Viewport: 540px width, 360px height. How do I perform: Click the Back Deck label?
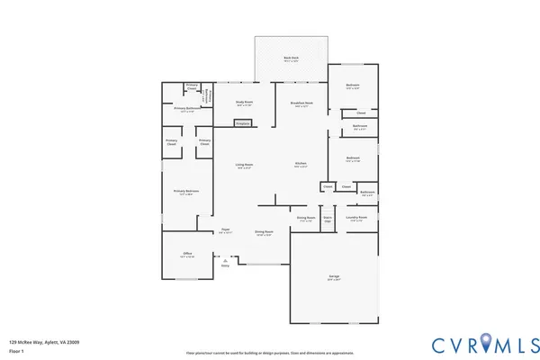coord(291,58)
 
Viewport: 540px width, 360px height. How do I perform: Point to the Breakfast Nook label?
coord(301,103)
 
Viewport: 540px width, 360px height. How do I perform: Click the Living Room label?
coord(244,166)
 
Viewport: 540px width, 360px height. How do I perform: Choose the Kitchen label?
coord(301,165)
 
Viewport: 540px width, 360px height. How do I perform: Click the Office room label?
coord(188,255)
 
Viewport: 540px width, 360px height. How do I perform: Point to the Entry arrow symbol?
coord(225,260)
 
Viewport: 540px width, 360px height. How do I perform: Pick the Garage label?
coord(334,278)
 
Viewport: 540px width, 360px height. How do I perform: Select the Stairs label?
coord(328,218)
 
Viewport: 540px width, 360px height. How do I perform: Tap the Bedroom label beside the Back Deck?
coord(353,86)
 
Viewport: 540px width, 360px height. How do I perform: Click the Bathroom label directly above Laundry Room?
coord(367,192)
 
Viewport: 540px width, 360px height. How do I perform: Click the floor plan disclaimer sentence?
coord(269,352)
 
